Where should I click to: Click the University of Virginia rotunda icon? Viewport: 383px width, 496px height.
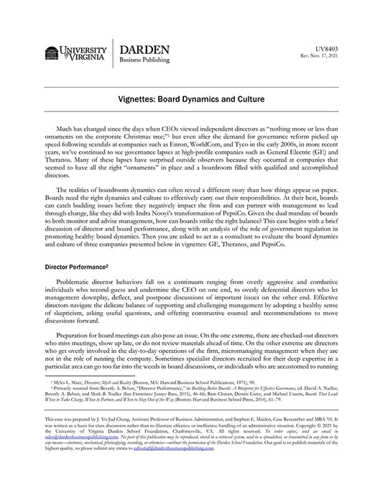click(52, 52)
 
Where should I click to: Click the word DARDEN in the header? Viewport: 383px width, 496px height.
click(144, 49)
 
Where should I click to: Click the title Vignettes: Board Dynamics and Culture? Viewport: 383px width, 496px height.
click(190, 101)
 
